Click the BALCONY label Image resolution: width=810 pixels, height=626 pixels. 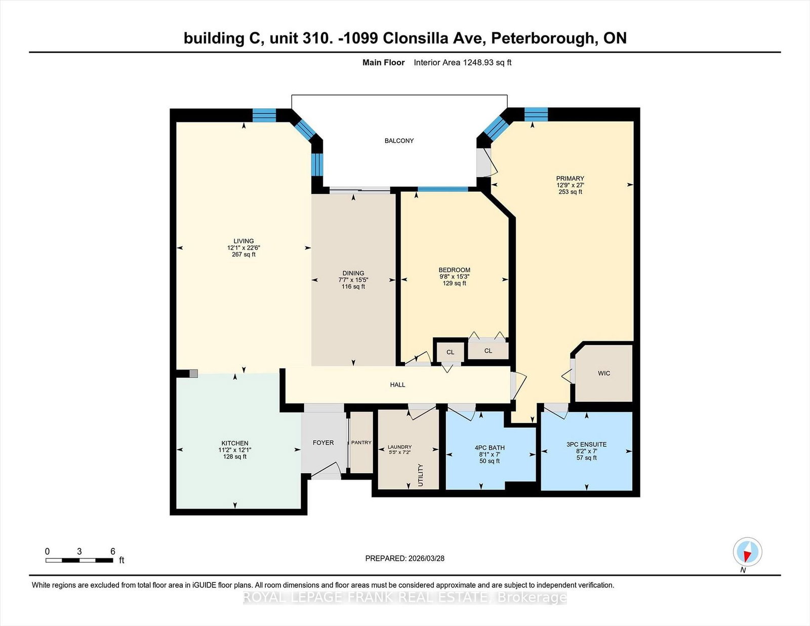[x=399, y=141]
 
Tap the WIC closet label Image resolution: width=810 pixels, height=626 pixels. [x=604, y=373]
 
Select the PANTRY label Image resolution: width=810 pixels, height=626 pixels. [x=361, y=443]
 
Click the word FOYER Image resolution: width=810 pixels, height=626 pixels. [x=323, y=443]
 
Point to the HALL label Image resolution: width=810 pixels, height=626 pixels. [x=397, y=385]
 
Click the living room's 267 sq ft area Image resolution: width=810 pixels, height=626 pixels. [x=244, y=255]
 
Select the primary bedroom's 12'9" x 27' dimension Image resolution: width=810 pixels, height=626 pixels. [x=570, y=185]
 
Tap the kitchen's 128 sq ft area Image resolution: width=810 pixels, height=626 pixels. [x=234, y=456]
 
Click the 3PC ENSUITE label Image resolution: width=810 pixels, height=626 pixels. [x=586, y=444]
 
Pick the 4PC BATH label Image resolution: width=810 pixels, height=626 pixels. [x=490, y=448]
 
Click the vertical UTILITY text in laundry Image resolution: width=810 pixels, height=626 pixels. [x=421, y=475]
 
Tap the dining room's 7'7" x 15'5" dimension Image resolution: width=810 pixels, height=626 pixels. [x=353, y=280]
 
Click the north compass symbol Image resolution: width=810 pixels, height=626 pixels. [x=747, y=552]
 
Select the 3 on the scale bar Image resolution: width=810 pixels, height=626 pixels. [x=79, y=552]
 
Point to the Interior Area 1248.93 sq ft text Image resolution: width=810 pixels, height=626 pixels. [x=462, y=63]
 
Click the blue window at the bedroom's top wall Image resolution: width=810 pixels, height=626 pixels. [x=442, y=189]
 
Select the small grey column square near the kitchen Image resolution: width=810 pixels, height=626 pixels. [x=193, y=374]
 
